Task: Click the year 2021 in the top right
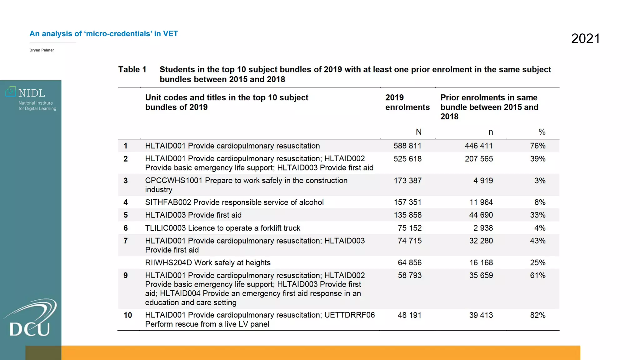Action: (585, 39)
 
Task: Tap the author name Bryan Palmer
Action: (42, 50)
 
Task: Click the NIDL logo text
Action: (32, 93)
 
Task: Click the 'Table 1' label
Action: (132, 69)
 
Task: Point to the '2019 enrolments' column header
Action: (407, 102)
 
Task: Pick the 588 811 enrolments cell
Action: (407, 146)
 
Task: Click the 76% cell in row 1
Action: (537, 146)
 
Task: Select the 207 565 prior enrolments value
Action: (479, 159)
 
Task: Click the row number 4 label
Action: (126, 202)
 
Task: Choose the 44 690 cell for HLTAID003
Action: (481, 215)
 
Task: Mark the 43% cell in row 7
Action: (537, 241)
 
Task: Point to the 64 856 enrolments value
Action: (410, 263)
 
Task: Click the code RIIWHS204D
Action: (168, 263)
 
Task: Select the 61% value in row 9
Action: (537, 276)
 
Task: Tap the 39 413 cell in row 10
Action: (481, 315)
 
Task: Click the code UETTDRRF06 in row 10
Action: (349, 315)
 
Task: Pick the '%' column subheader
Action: (542, 132)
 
